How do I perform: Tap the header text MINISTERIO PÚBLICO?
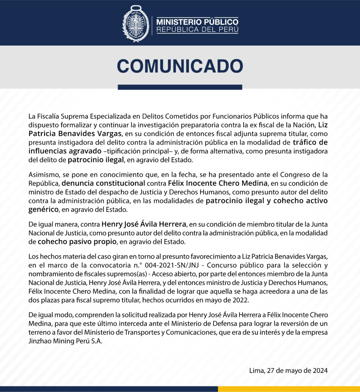[197, 21]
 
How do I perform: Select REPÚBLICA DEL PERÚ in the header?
[197, 30]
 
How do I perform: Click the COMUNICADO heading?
[180, 66]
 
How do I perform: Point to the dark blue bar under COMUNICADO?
[180, 87]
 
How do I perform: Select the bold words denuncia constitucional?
[103, 183]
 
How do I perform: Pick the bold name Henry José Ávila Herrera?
[144, 224]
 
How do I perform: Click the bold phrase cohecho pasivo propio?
[78, 242]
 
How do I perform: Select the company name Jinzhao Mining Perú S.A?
[65, 341]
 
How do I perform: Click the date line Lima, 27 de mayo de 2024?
[288, 371]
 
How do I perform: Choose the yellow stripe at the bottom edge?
[289, 389]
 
